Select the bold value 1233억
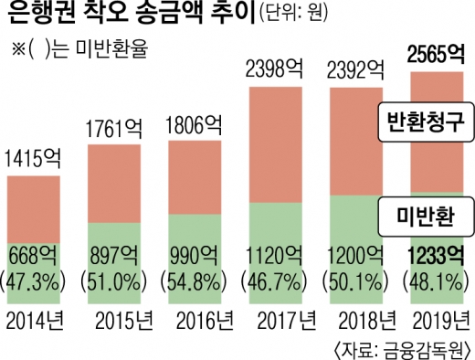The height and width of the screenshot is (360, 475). (431, 253)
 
